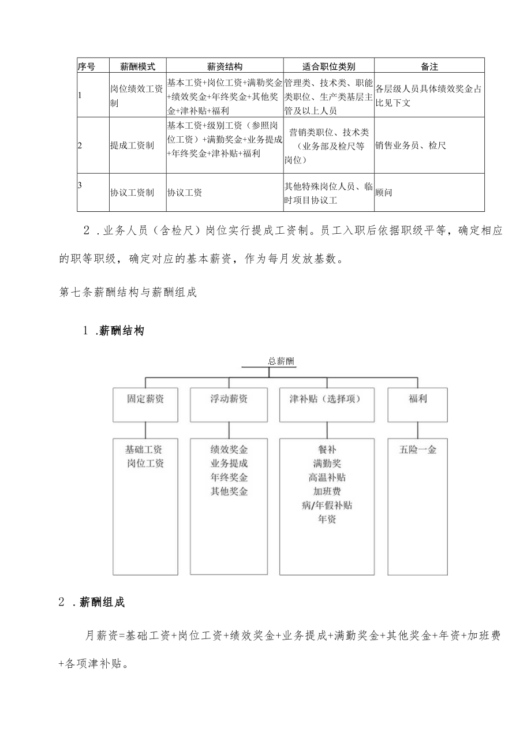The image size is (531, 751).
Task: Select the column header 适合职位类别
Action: [x=329, y=66]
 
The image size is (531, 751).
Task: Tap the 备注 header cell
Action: [x=429, y=66]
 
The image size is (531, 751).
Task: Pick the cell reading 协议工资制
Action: [x=132, y=193]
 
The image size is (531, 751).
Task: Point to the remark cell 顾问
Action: [x=384, y=193]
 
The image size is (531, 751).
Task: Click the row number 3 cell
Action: [x=81, y=185]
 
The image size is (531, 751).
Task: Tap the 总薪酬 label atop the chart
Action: [x=281, y=362]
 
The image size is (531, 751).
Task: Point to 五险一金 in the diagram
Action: [x=417, y=450]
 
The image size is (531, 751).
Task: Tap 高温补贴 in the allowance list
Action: [x=327, y=477]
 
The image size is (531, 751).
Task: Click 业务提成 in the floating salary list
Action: [x=229, y=464]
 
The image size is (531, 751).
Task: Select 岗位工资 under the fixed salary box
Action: [x=145, y=464]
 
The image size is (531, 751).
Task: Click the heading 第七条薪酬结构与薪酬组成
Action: [x=128, y=292]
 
